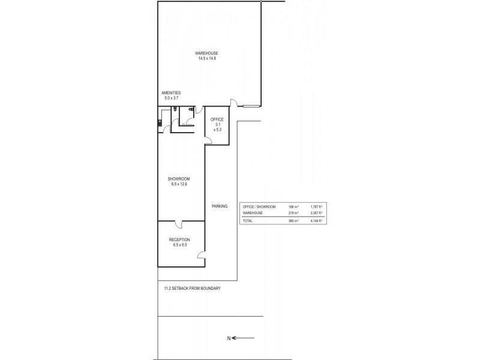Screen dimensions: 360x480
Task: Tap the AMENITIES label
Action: click(171, 93)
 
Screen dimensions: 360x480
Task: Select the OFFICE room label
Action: click(217, 119)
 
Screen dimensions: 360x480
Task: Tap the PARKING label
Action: click(220, 206)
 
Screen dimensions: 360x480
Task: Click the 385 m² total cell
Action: click(293, 221)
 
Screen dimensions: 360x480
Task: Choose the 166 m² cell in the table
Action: click(293, 206)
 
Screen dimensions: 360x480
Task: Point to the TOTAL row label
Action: click(247, 221)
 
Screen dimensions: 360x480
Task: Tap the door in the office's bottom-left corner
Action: click(208, 140)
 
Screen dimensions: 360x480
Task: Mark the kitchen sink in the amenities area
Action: click(160, 124)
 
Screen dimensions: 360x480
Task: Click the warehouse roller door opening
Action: click(248, 106)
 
